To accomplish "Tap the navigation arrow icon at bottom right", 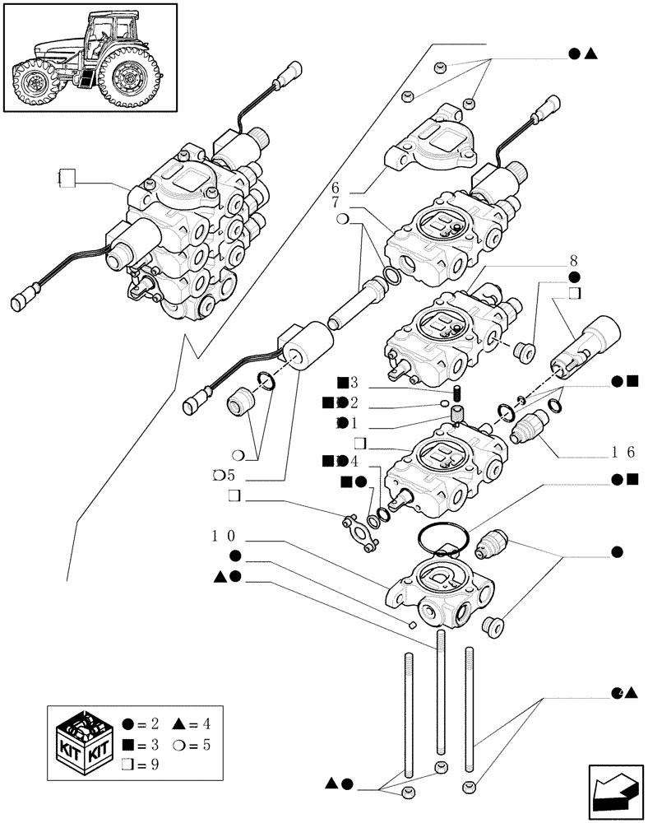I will coord(613,787).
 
